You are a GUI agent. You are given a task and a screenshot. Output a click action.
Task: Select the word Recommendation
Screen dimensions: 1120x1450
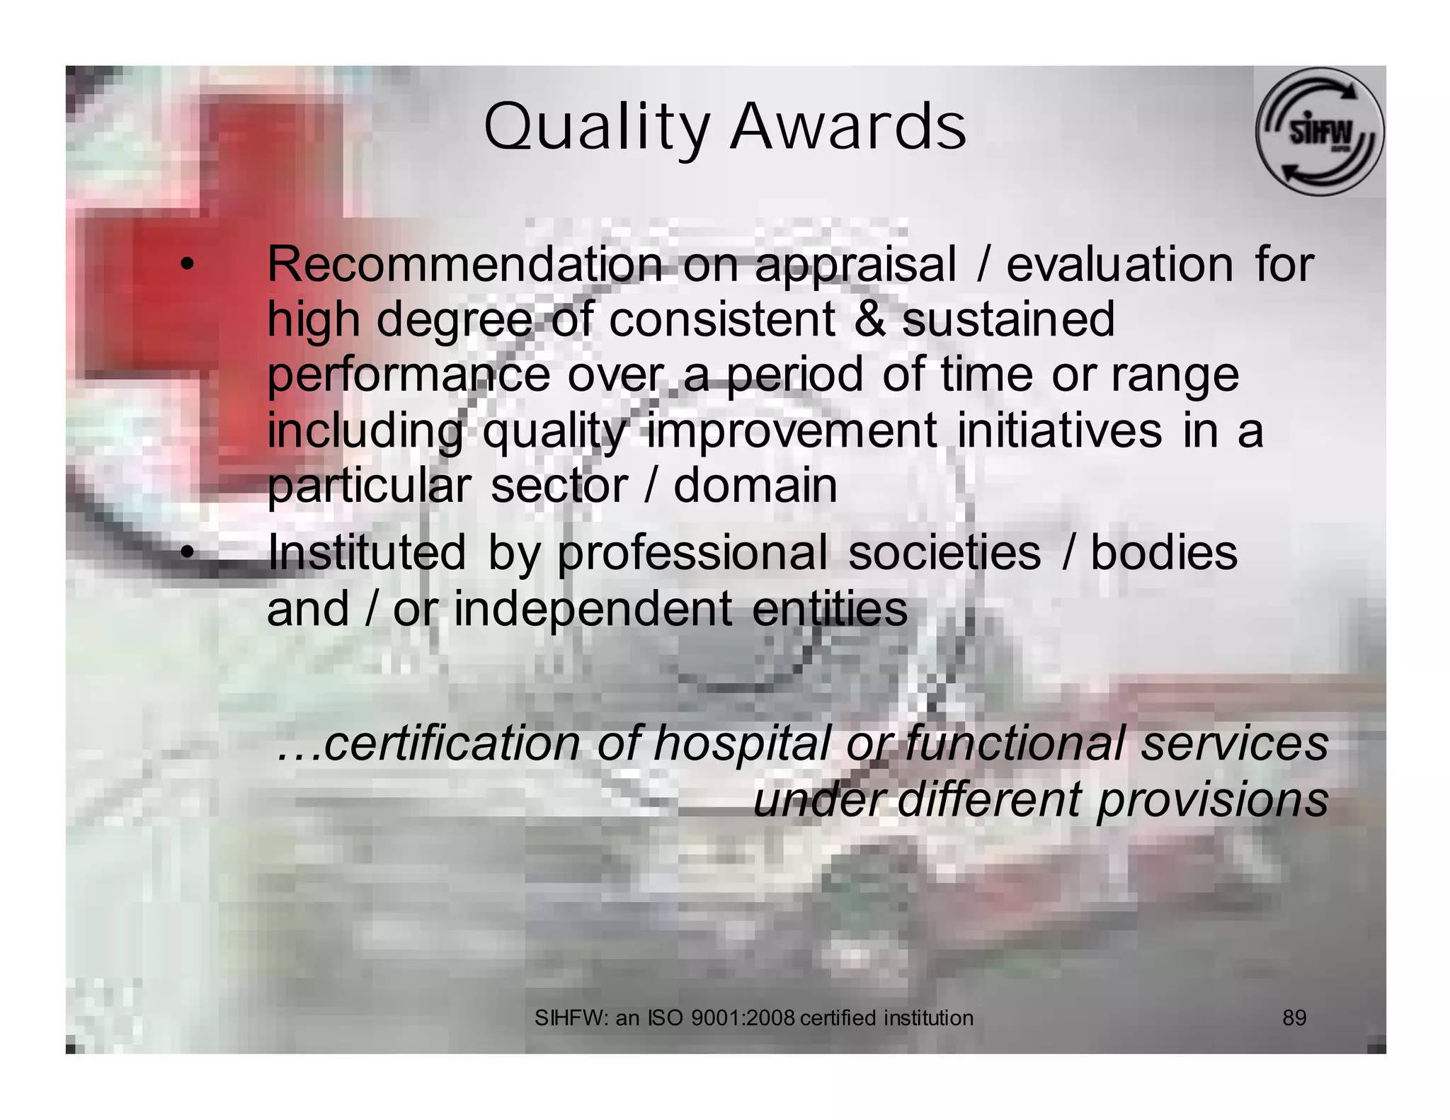coord(464,264)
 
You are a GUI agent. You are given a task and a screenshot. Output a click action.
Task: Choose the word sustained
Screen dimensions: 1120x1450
coord(1007,319)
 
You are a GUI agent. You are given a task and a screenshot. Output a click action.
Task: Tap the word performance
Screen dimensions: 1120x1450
coord(409,376)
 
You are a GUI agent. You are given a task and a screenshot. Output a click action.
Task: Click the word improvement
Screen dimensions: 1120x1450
coord(792,430)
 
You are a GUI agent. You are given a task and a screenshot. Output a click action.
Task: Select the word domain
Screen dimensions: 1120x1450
coord(755,486)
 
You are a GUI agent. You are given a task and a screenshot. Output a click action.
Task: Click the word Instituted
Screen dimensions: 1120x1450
coord(367,552)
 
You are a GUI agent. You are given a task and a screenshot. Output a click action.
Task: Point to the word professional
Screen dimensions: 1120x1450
coord(692,554)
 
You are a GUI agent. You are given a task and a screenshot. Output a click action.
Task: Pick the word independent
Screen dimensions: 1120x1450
coord(593,609)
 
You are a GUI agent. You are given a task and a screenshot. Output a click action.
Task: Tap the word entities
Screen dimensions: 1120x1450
coord(829,609)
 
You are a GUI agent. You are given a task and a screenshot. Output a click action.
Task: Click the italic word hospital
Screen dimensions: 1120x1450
coord(741,743)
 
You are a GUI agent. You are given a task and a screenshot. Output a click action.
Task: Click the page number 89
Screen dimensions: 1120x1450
coord(1294,1018)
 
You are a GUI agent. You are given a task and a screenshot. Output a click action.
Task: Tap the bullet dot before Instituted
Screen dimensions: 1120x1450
coord(185,553)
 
